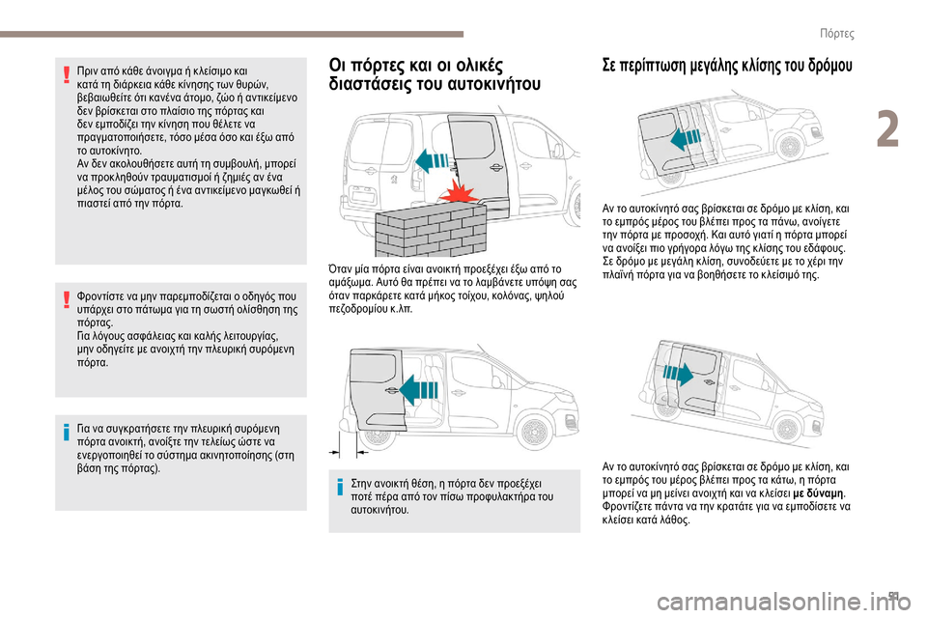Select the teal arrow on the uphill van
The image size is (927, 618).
tap(682, 139)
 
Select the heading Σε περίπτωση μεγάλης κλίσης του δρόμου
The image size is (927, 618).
tap(722, 70)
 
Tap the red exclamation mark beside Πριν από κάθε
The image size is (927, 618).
tap(66, 75)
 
